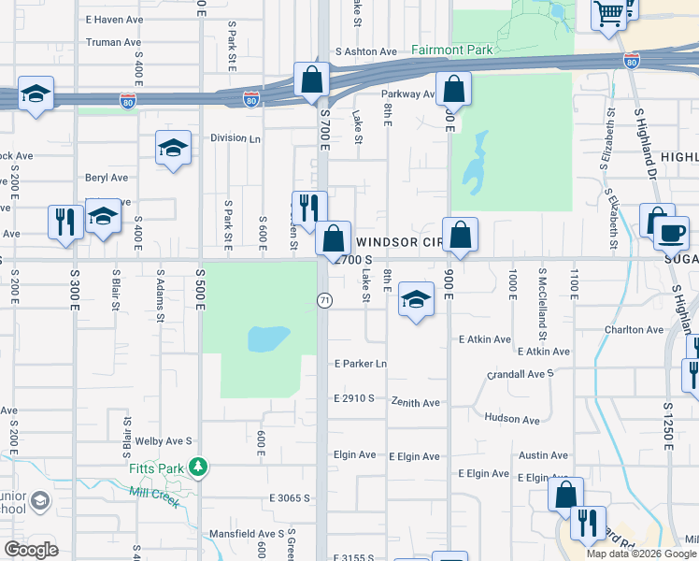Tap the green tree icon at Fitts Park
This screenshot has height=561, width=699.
click(197, 466)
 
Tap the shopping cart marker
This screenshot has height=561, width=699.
click(609, 13)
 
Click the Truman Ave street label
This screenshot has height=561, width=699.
click(113, 42)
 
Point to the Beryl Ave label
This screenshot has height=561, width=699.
click(107, 178)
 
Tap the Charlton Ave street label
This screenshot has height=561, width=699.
click(634, 329)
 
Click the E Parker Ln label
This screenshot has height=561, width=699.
click(361, 363)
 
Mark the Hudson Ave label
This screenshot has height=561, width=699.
click(512, 420)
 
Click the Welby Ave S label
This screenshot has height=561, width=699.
click(164, 440)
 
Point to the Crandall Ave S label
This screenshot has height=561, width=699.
click(521, 373)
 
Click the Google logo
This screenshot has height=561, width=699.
click(31, 550)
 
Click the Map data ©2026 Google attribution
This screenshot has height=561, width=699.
click(641, 554)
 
